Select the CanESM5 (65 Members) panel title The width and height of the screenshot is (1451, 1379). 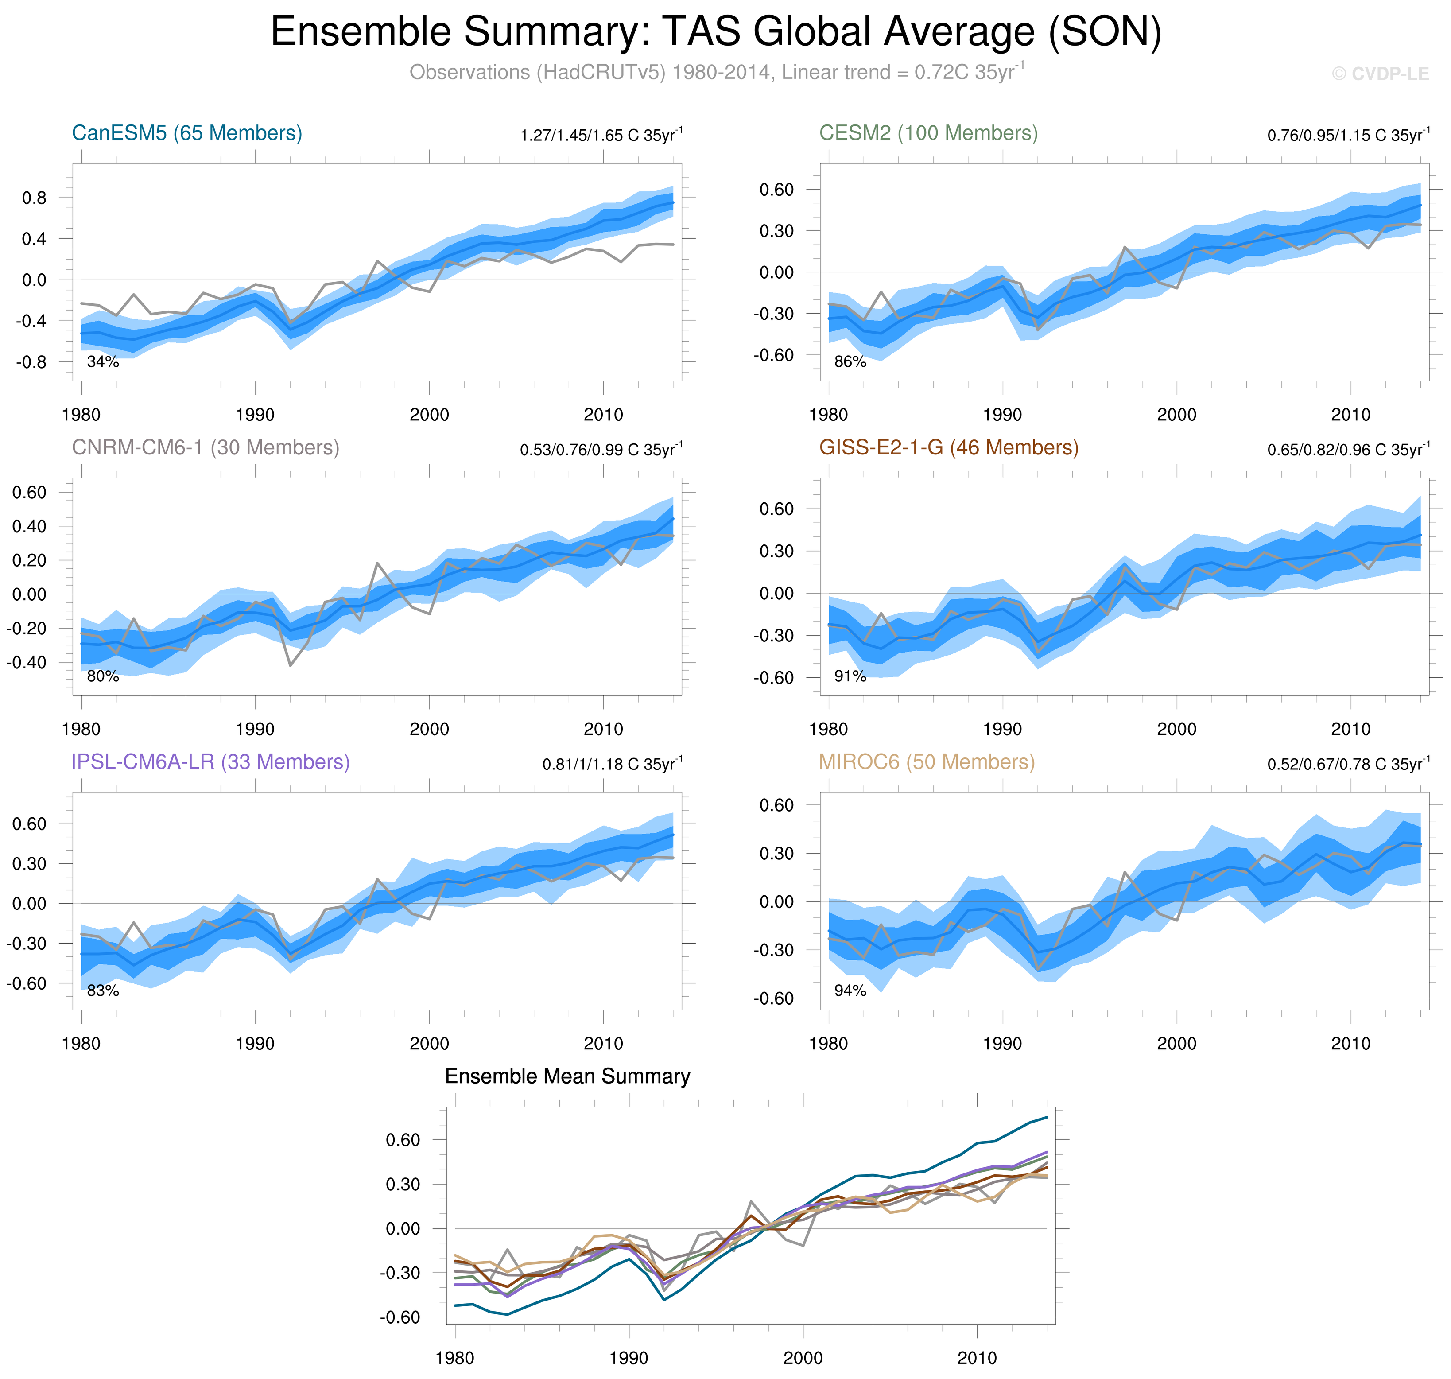[187, 133]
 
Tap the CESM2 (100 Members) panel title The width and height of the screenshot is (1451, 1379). [928, 133]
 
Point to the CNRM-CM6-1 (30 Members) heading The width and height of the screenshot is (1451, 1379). [205, 448]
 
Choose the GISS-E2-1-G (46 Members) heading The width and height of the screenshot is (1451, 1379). [948, 448]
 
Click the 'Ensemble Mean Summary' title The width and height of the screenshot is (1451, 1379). [567, 1076]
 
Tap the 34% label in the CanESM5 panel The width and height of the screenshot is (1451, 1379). [103, 361]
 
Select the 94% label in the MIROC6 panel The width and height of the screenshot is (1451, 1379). [850, 991]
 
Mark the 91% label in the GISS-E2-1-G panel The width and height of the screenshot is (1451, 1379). [850, 676]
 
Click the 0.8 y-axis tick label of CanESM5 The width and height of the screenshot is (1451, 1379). [34, 198]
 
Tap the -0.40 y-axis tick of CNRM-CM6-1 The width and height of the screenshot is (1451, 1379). [27, 662]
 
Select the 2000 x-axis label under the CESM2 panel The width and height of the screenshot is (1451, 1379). [1176, 415]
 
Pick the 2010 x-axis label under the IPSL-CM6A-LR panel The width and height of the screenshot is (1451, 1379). [603, 1044]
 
